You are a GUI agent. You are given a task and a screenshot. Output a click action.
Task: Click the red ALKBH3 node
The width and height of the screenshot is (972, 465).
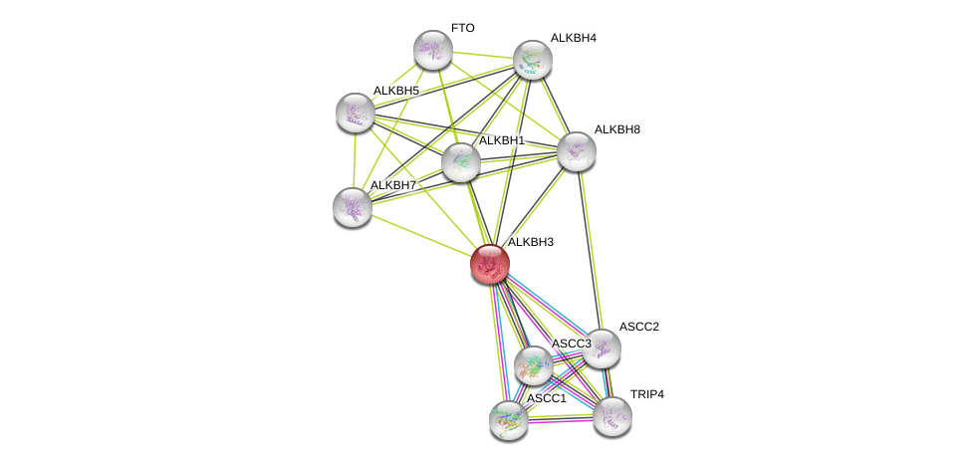pos(490,264)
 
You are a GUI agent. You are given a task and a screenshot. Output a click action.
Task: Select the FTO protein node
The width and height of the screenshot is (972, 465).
pos(433,50)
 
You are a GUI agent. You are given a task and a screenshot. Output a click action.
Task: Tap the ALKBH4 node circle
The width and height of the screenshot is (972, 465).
pos(533,60)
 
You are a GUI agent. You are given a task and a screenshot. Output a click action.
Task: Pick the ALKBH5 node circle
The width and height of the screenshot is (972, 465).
pos(355,113)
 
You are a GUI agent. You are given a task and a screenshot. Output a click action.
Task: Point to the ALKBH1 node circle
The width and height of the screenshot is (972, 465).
pos(461,162)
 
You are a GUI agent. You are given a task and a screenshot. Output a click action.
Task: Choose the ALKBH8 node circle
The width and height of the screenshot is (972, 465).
pos(576,151)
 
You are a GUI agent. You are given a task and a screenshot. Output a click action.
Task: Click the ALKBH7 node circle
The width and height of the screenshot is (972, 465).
pos(353,207)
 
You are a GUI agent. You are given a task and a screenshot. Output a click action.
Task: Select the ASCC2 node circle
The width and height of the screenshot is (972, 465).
pos(601,349)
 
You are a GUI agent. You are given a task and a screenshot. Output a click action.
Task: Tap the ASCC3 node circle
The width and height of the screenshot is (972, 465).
pos(534,365)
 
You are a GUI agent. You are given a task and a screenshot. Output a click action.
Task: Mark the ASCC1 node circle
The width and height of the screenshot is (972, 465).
pos(509,420)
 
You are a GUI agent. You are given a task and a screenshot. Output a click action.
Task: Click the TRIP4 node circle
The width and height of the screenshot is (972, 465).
pos(612,416)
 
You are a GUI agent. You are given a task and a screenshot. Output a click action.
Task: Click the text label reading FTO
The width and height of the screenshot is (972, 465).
pos(463,28)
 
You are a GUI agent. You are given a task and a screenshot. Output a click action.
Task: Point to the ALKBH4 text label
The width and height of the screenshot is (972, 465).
pos(573,38)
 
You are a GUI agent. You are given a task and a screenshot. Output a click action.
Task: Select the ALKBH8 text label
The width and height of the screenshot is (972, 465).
pos(616,129)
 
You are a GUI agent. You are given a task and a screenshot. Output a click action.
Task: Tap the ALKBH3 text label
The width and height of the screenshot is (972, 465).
pos(530,242)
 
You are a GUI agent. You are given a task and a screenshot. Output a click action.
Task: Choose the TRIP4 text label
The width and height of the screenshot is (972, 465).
pos(646,394)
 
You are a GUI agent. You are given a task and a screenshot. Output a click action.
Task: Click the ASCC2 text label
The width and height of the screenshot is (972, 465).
pos(637,327)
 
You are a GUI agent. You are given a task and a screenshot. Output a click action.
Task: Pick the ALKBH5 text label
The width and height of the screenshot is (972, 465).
pos(396,91)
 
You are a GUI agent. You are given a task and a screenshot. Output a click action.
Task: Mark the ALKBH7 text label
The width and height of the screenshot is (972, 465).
pos(393,185)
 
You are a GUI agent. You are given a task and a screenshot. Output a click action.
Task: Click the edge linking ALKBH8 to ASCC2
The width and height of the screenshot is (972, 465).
pos(588,249)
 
